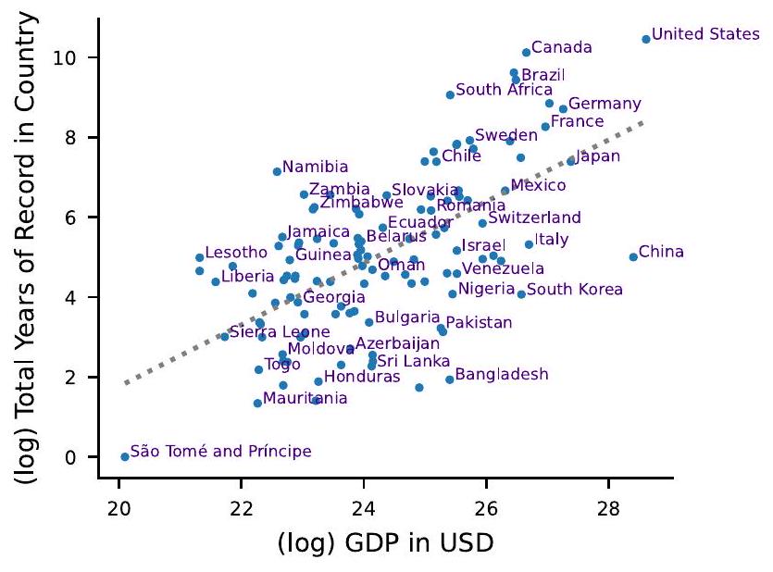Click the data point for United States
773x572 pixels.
[x=646, y=39]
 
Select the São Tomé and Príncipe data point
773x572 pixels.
[x=125, y=456]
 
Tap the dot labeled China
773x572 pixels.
[x=633, y=256]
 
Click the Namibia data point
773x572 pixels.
[x=277, y=171]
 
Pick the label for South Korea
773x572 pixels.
[x=575, y=290]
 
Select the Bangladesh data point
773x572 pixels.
[x=450, y=379]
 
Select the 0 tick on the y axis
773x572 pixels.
[x=81, y=457]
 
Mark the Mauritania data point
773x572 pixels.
[x=257, y=403]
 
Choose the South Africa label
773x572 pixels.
[x=505, y=90]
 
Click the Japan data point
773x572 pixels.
[x=571, y=160]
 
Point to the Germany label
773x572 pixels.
[x=605, y=104]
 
